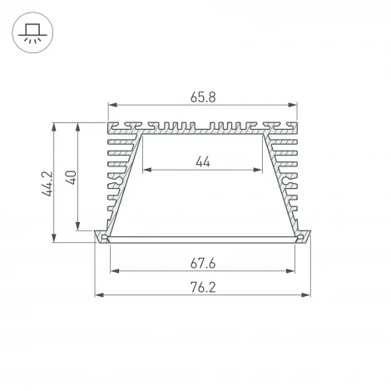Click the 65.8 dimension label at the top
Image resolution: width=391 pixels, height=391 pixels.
[x=202, y=97]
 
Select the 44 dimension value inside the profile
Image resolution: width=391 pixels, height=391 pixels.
[x=202, y=161]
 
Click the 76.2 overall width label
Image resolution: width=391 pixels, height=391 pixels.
[x=202, y=288]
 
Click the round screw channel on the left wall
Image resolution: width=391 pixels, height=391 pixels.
[x=121, y=179]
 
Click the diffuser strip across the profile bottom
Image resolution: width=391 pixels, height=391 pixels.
[x=202, y=239]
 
